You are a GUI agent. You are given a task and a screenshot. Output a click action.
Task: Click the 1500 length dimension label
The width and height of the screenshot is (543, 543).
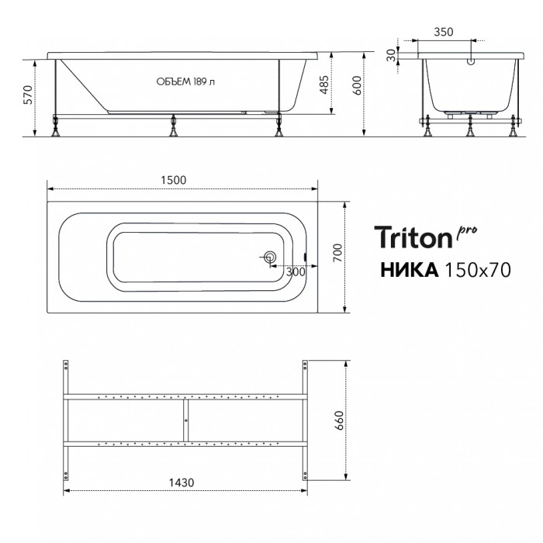pos(174,180)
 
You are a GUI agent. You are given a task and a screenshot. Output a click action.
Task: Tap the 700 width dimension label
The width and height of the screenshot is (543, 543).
pos(337,253)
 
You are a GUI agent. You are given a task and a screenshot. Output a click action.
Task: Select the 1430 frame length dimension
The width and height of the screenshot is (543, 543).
pos(182,482)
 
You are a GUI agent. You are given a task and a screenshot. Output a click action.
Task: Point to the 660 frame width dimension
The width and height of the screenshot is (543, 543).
pos(340,420)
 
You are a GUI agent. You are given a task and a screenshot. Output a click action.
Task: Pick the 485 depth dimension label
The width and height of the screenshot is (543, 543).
pos(323,85)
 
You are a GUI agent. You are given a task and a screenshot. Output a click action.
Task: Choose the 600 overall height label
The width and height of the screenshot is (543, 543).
pos(357,85)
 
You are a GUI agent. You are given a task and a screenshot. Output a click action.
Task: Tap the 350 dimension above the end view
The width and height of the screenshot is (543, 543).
pos(444,32)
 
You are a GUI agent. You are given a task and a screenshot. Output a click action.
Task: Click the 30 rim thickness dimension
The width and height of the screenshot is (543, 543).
pos(391,55)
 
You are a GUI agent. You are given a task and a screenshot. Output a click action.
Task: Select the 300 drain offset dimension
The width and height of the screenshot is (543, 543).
pos(296,271)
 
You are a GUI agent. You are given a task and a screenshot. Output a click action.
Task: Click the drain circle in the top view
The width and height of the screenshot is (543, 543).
pos(270,258)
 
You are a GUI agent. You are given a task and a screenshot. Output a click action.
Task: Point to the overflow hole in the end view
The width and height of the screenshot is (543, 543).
pos(471,62)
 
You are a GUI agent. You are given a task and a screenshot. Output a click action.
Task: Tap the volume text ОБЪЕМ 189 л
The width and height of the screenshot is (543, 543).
pos(185,81)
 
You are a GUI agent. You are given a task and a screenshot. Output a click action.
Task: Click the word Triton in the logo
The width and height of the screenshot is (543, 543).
pos(414,237)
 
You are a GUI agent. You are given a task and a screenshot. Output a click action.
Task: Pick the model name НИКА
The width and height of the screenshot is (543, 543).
pos(410,270)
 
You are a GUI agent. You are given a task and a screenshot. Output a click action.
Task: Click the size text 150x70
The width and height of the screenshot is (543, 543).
pos(478,270)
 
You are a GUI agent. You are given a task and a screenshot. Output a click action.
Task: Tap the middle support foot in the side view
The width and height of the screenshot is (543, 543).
pos(173,126)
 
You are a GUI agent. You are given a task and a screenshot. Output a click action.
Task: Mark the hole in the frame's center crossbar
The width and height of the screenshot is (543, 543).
pos(186,420)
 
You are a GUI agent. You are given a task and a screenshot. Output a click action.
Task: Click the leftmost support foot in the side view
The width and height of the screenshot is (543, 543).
pos(55,126)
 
